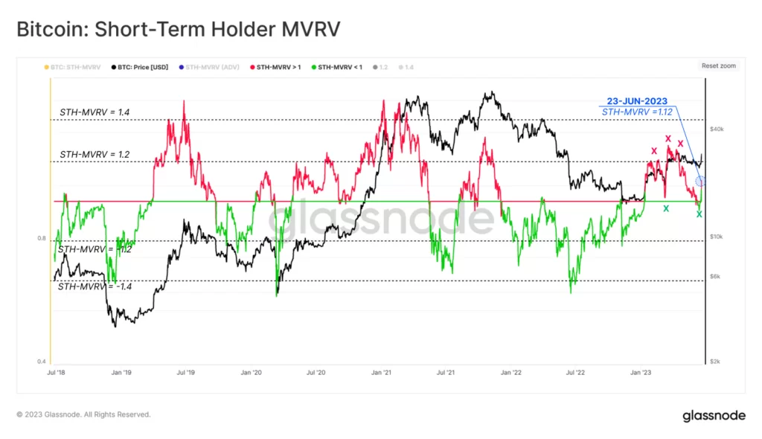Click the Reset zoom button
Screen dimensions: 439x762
coord(718,66)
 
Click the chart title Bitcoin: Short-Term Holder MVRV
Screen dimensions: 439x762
coord(179,30)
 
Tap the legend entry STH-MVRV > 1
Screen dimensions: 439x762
coord(277,67)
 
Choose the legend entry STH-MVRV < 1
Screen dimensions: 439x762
coord(337,67)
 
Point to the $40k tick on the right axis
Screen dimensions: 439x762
coord(717,129)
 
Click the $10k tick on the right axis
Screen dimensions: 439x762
coord(717,237)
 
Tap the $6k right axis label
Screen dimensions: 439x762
coord(715,277)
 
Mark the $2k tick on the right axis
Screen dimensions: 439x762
coord(715,362)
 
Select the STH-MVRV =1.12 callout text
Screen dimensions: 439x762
coord(637,112)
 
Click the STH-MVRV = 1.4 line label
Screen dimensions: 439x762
coord(95,112)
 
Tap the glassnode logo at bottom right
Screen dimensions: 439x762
coord(714,416)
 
